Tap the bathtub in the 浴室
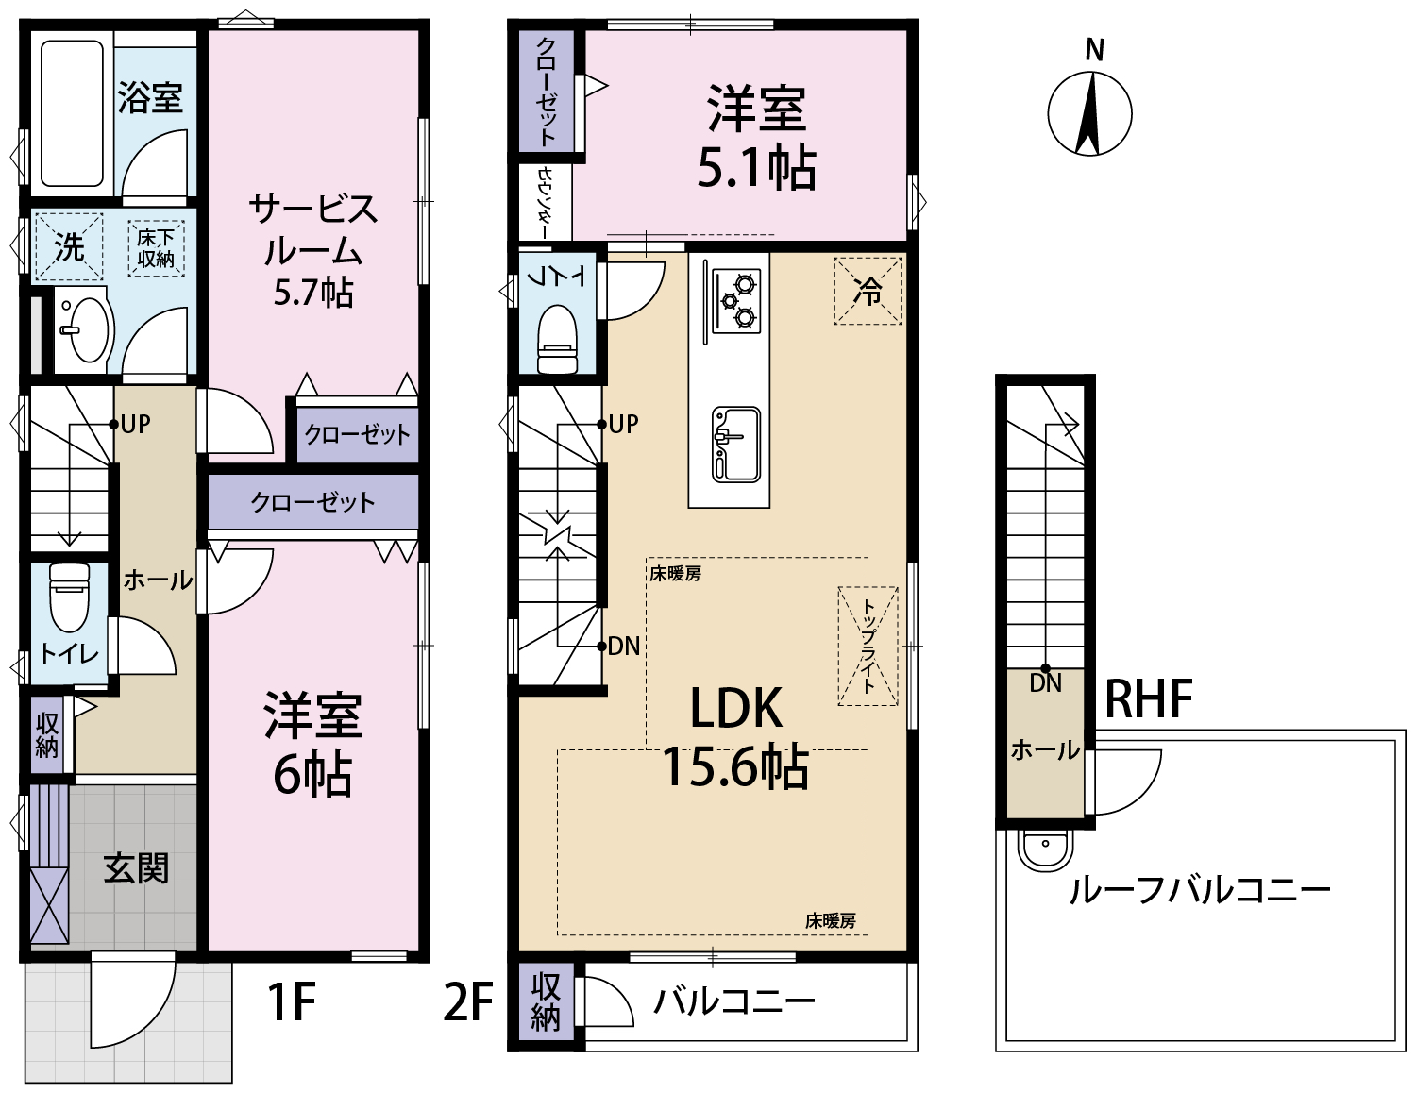[x=73, y=113]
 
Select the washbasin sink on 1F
[x=89, y=329]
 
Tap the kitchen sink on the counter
[x=736, y=445]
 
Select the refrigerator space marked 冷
[x=868, y=291]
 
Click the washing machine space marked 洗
[x=68, y=247]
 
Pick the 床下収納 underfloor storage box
[x=157, y=248]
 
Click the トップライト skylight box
[x=868, y=646]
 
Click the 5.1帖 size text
[x=756, y=167]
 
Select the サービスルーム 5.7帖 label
[x=313, y=250]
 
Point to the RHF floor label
[x=1149, y=698]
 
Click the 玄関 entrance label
[x=136, y=868]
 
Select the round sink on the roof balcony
[x=1045, y=851]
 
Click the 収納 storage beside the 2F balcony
[x=546, y=1003]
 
